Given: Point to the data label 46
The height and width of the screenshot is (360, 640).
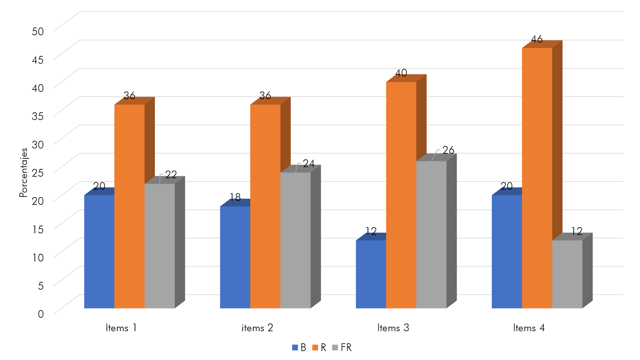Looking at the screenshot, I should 537,39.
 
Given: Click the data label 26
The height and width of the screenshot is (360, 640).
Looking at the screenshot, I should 448,150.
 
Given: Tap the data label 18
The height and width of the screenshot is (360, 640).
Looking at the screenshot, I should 235,197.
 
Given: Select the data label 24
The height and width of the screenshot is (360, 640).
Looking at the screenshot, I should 308,164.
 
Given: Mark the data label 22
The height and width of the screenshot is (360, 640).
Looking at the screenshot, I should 171,174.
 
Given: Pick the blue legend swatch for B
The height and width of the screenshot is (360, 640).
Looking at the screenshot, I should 295,348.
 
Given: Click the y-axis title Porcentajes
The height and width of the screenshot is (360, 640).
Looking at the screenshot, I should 23,172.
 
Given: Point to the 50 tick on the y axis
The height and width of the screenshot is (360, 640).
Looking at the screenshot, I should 38,31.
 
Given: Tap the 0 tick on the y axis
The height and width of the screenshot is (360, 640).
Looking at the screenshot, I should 41,314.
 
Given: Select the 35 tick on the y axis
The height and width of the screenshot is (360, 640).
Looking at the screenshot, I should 38,116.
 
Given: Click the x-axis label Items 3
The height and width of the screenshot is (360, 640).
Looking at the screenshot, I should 393,328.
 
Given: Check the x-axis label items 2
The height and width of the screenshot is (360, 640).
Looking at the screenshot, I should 257,328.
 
